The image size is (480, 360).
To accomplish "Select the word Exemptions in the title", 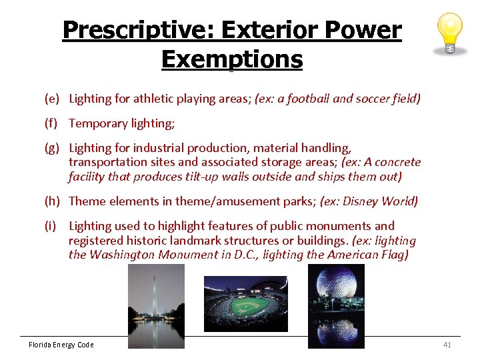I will [x=231, y=59].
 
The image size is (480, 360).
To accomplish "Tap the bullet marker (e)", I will [x=52, y=99].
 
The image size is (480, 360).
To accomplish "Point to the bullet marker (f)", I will [x=52, y=123].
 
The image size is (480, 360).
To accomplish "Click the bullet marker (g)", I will [x=52, y=148].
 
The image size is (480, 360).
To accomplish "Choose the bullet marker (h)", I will [x=52, y=201].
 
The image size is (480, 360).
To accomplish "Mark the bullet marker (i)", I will [x=51, y=226].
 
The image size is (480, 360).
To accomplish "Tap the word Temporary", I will [x=98, y=123].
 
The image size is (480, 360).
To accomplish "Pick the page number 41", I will [x=447, y=345].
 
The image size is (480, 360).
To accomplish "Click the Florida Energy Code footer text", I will [x=61, y=345].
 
